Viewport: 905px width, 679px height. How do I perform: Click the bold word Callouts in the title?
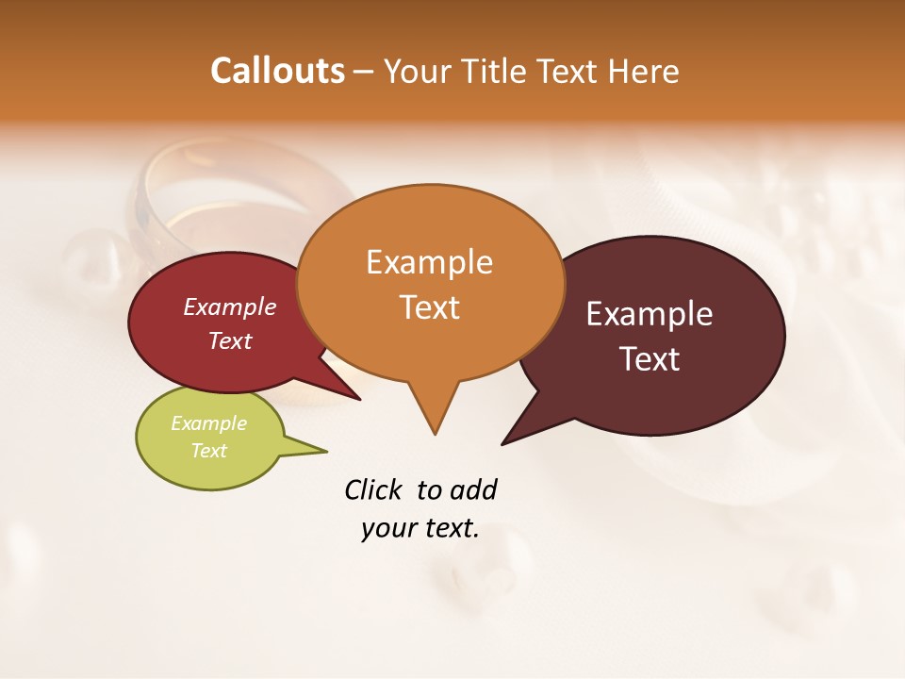click(277, 71)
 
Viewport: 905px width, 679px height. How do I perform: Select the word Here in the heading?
click(645, 72)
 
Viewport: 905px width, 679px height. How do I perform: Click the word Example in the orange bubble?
click(429, 262)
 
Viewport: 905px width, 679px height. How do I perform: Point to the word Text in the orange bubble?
click(429, 307)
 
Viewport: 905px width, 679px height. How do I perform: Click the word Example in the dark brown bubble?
click(650, 314)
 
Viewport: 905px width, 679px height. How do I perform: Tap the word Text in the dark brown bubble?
click(650, 359)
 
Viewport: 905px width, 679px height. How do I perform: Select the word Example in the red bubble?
click(229, 306)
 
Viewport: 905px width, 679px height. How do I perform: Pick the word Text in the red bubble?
click(229, 340)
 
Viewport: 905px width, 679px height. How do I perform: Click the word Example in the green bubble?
click(208, 423)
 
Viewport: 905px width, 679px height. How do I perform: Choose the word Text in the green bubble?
click(208, 451)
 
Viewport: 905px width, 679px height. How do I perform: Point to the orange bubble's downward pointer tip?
click(435, 433)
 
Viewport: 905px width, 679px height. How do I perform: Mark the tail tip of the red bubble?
click(359, 399)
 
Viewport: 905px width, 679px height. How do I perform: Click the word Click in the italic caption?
click(373, 489)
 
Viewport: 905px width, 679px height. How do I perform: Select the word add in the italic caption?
click(473, 490)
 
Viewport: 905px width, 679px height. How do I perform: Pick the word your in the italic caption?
click(387, 529)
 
